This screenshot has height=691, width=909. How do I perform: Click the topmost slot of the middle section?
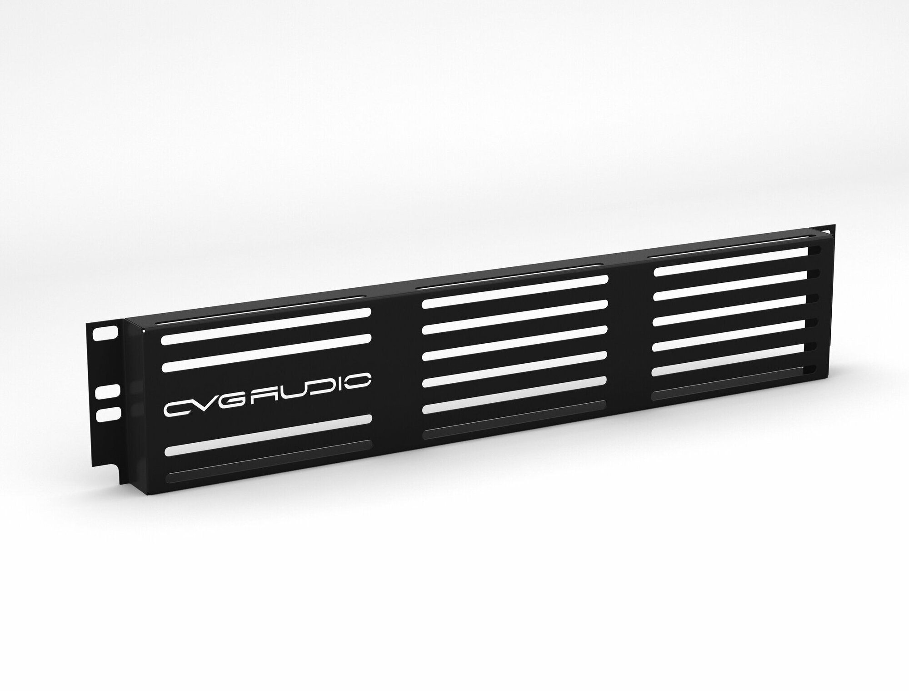[x=515, y=291]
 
